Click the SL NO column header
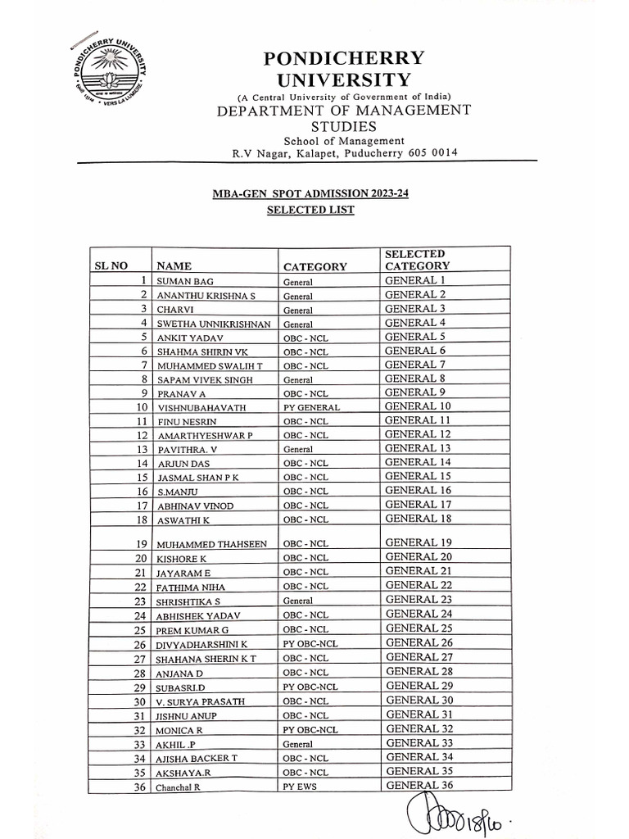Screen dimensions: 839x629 click(113, 266)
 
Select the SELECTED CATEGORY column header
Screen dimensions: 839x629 click(417, 260)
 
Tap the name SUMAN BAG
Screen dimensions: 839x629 click(185, 282)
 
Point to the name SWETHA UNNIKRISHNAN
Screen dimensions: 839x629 click(214, 324)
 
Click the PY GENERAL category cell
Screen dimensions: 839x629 click(311, 407)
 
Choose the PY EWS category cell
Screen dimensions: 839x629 click(302, 787)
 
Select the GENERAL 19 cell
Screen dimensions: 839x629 click(418, 542)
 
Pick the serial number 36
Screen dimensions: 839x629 click(140, 787)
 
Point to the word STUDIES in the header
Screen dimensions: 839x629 click(343, 126)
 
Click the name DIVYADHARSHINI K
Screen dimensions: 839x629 click(202, 645)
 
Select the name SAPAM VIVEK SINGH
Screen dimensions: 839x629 click(204, 380)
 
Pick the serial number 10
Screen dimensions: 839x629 click(142, 406)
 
